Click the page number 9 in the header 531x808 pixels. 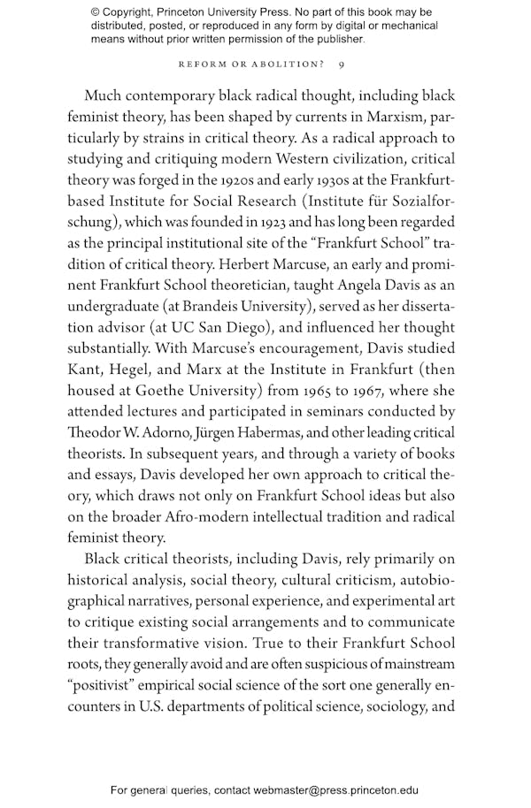tap(353, 65)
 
